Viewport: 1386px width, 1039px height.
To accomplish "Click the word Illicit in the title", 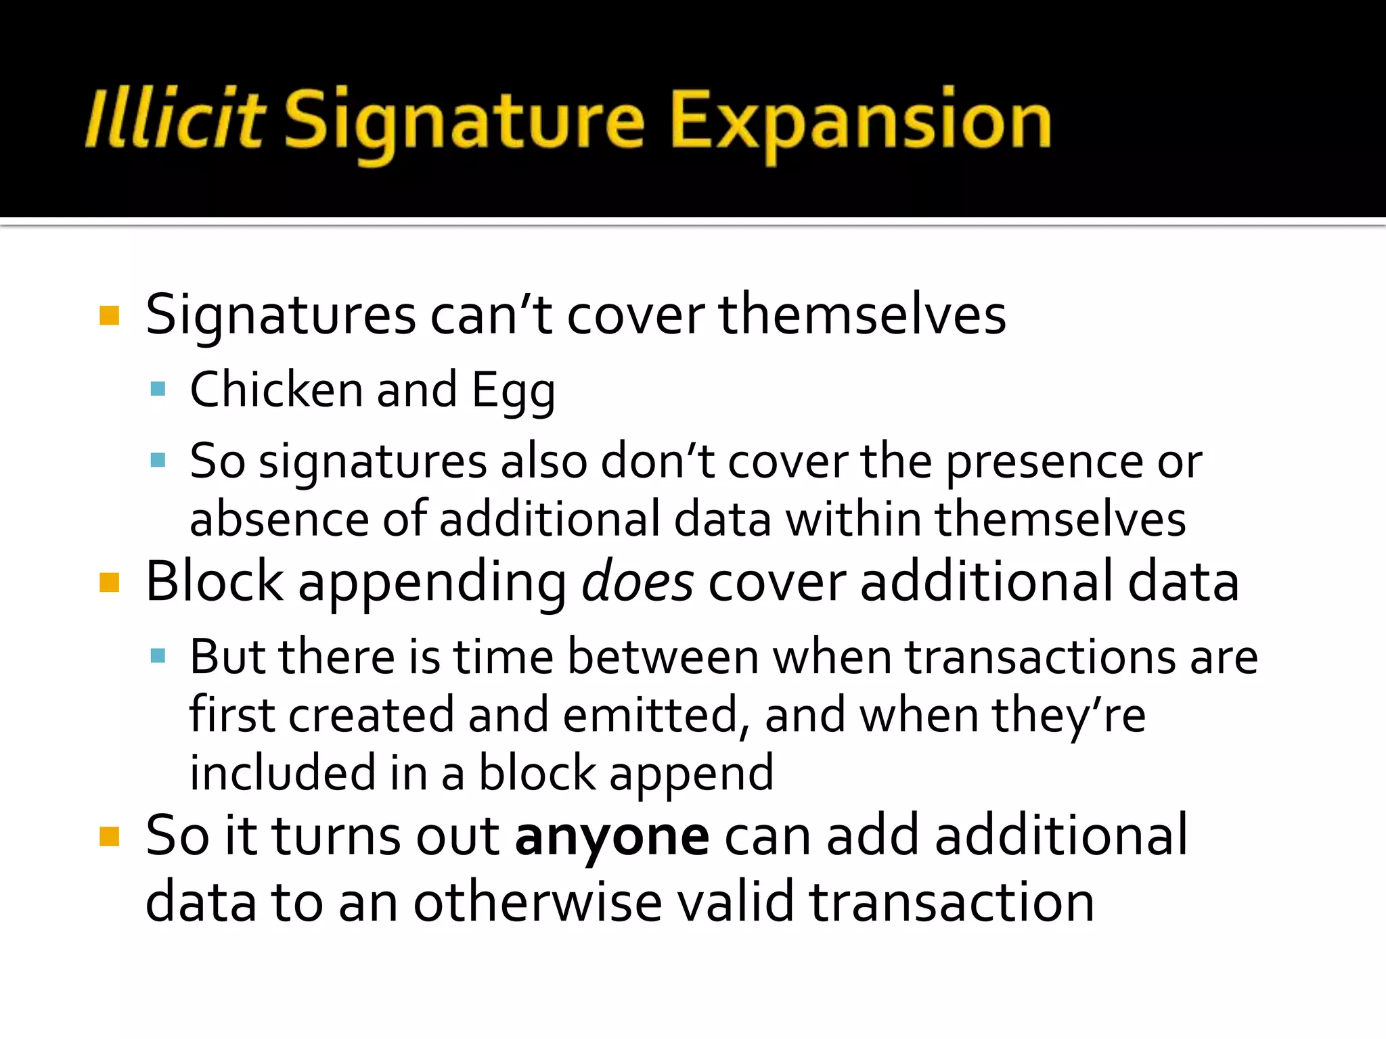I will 175,119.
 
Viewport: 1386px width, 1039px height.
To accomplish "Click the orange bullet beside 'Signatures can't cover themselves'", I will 109,315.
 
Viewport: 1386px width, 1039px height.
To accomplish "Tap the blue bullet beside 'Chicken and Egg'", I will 158,389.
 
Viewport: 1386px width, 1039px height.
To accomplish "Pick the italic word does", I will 637,582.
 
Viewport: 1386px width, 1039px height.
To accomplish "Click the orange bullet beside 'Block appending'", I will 109,582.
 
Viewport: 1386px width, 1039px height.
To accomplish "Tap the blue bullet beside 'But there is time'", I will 158,655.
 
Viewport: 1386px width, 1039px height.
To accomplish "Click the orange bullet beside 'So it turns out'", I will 109,837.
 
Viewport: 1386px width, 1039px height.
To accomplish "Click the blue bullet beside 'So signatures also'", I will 158,461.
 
